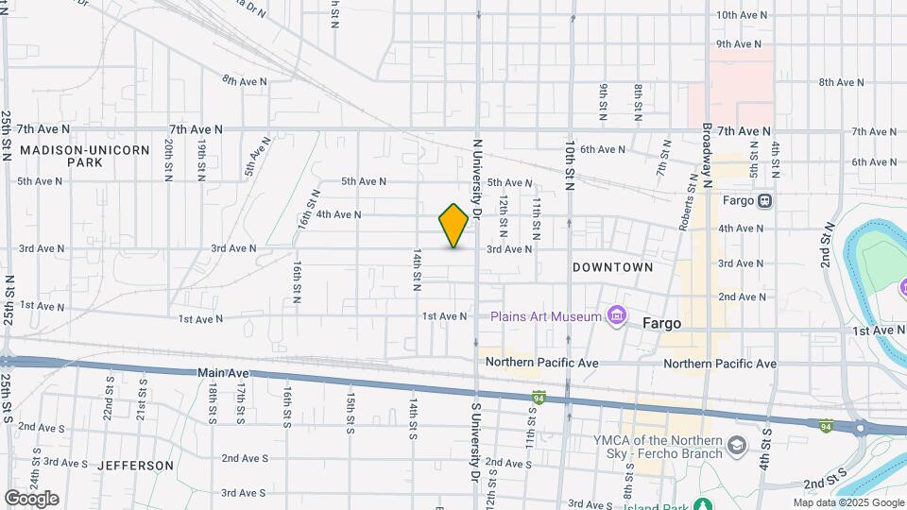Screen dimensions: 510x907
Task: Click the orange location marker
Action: (x=453, y=226)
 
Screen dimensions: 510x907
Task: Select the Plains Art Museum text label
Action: (x=545, y=316)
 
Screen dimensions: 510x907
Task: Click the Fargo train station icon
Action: (x=763, y=200)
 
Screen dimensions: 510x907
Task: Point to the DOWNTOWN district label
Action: (x=612, y=267)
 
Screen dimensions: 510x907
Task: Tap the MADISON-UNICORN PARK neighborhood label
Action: (x=84, y=156)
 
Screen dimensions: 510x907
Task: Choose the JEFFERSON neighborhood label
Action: (x=135, y=466)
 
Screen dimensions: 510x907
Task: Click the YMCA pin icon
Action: (x=737, y=444)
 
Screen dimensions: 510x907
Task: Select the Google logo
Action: (x=31, y=498)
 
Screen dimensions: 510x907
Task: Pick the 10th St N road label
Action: (x=570, y=166)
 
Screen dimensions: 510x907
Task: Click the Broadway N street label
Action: (x=706, y=156)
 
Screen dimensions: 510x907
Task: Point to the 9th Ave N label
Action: (x=739, y=44)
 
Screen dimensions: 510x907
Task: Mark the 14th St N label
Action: (x=416, y=269)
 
